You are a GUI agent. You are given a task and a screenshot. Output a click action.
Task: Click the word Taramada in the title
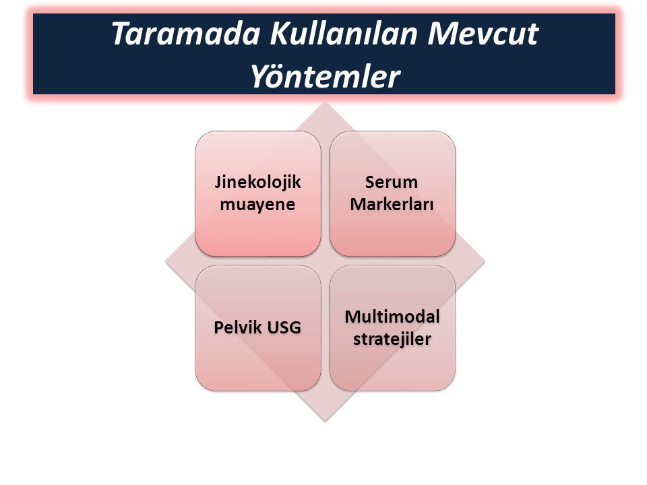click(186, 34)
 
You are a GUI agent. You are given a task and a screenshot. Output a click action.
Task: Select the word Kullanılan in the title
click(344, 34)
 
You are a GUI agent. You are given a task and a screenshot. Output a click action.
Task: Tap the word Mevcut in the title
click(483, 34)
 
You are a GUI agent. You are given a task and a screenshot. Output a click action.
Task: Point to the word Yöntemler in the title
click(326, 76)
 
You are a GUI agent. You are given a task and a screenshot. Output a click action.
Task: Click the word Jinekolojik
click(258, 183)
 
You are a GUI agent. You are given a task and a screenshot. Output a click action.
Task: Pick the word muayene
click(257, 204)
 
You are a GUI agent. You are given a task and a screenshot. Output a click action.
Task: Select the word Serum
click(392, 183)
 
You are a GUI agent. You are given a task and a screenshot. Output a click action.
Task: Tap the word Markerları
click(392, 204)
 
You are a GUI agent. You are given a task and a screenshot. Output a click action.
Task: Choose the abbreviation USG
click(284, 327)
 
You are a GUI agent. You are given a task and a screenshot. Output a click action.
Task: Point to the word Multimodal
click(392, 317)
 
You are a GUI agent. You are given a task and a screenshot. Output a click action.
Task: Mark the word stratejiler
click(392, 339)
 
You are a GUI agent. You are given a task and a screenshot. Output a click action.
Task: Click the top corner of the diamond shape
click(325, 102)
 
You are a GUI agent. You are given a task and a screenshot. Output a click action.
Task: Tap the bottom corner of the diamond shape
click(325, 421)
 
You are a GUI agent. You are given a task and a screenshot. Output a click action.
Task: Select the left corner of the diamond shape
click(166, 261)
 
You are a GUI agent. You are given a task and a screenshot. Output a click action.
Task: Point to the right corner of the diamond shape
click(485, 261)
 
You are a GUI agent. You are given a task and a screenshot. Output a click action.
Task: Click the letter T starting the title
click(121, 34)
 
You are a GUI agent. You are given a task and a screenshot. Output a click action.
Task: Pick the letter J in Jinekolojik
click(218, 183)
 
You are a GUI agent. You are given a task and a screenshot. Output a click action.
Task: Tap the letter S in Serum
click(370, 183)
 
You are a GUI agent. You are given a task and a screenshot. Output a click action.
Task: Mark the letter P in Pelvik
click(218, 327)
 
